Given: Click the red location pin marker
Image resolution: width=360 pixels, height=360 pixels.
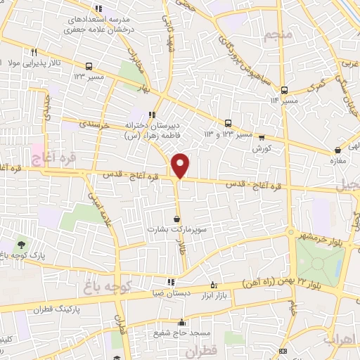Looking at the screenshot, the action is click(x=181, y=165).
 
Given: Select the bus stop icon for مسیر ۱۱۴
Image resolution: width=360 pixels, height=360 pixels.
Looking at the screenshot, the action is click(x=284, y=90).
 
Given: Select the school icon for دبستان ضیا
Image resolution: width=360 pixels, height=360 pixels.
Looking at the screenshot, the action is click(x=170, y=282).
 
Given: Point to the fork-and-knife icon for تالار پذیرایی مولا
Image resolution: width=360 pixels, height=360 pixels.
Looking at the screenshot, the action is click(x=34, y=52).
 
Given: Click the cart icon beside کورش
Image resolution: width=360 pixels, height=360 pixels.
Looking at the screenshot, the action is click(x=262, y=138).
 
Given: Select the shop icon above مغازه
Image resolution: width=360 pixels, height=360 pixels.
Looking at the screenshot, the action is click(x=338, y=150).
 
